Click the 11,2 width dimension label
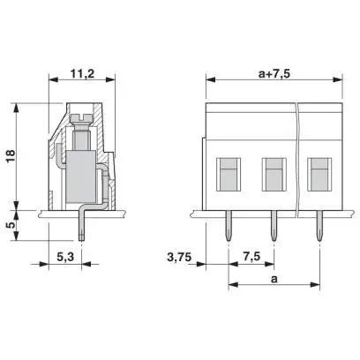82,73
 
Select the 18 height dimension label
11,156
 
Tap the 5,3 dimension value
65,258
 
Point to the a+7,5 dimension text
274,73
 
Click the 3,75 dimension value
179,258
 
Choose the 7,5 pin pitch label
251,257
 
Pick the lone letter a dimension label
274,279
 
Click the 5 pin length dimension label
11,225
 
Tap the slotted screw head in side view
81,118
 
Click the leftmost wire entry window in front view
229,175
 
